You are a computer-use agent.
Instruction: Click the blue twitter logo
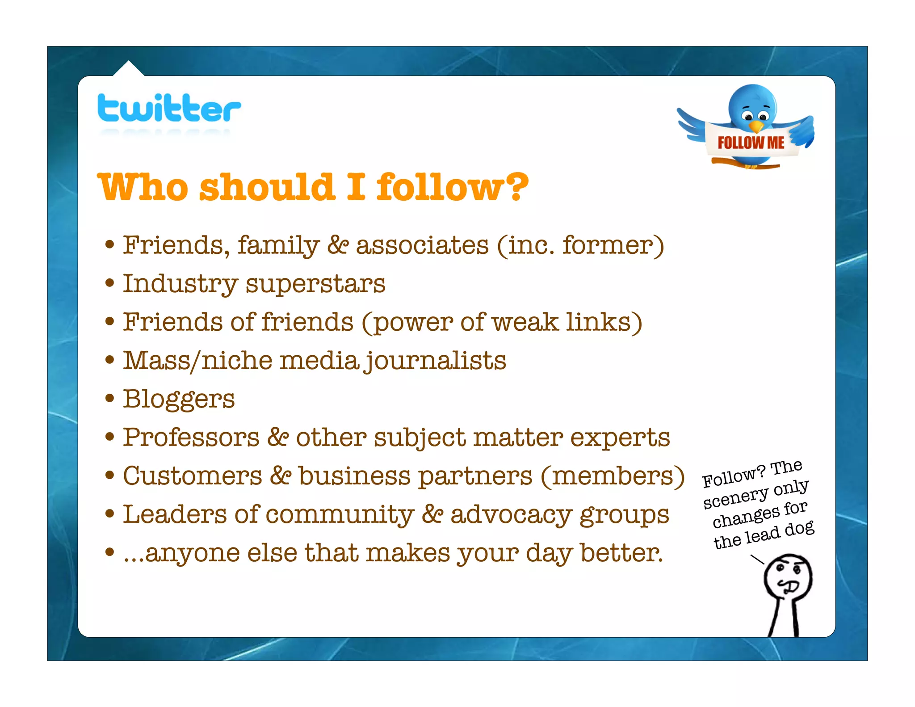pos(169,108)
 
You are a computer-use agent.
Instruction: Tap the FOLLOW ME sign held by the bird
pos(751,143)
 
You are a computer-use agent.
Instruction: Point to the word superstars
pos(315,284)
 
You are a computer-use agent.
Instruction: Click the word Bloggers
pos(179,399)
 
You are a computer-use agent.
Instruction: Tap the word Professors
pos(191,438)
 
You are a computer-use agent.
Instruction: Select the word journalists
pos(435,361)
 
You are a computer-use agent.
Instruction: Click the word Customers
pos(193,476)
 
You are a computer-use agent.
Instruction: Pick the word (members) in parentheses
pos(613,476)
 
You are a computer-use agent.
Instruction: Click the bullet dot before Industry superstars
pos(109,283)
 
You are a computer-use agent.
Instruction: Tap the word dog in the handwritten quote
pos(800,529)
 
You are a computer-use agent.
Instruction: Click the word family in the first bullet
pos(278,246)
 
